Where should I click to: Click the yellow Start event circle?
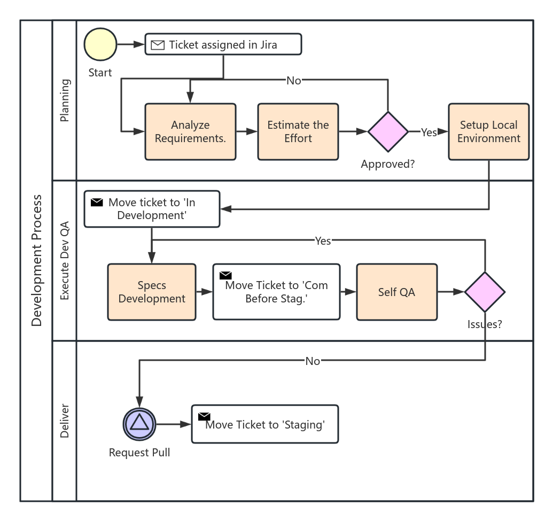(100, 44)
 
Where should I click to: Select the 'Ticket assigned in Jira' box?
(223, 44)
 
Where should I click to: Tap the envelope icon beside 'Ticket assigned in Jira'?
(158, 45)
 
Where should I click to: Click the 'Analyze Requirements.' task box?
(190, 131)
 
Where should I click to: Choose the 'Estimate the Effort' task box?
(298, 131)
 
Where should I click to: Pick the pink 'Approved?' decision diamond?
(388, 131)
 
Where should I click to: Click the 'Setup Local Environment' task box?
(488, 131)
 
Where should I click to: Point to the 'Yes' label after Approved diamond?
(429, 133)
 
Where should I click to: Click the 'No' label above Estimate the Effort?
(294, 81)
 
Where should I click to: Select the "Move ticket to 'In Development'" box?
(152, 209)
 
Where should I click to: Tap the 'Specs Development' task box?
(152, 292)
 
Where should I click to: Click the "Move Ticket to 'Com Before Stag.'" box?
(276, 292)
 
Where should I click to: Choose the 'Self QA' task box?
(396, 292)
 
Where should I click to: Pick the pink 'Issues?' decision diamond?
(485, 292)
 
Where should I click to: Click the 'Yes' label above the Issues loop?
(323, 241)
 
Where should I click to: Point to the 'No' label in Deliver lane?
(313, 361)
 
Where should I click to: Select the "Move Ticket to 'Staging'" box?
(265, 424)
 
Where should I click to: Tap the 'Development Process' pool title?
(36, 260)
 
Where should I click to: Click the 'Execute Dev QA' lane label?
(65, 260)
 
